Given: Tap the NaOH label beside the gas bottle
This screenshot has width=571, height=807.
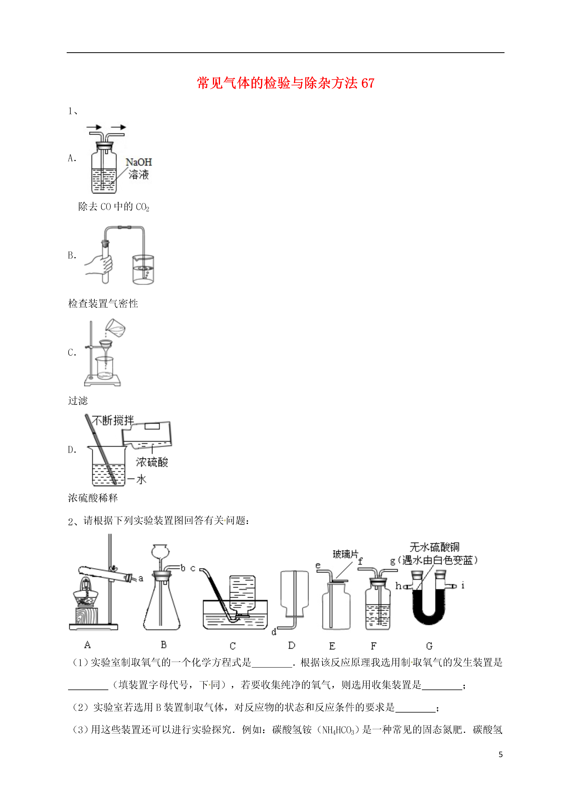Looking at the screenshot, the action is (x=139, y=162).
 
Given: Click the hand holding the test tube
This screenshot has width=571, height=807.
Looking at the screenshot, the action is (x=99, y=265).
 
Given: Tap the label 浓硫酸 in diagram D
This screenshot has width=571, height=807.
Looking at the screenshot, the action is (x=152, y=462).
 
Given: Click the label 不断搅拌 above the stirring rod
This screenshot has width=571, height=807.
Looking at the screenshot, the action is (x=113, y=420).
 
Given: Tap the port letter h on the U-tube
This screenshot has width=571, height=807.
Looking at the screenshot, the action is (x=398, y=586).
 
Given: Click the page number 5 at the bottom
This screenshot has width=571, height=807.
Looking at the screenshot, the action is (x=501, y=755).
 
